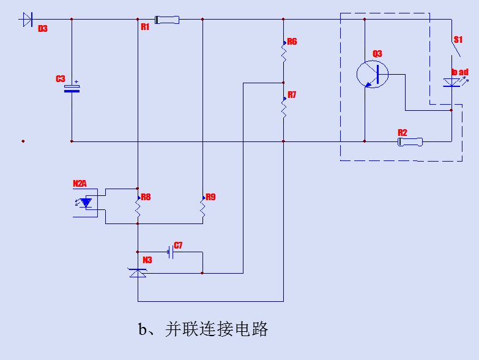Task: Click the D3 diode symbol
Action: pyautogui.click(x=26, y=20)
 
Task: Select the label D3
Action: pyautogui.click(x=42, y=29)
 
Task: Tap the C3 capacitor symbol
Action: pyautogui.click(x=72, y=88)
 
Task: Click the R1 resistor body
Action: pyautogui.click(x=167, y=20)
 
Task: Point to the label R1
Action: pyautogui.click(x=145, y=27)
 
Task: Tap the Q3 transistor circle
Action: pyautogui.click(x=372, y=74)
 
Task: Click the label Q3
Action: pyautogui.click(x=377, y=54)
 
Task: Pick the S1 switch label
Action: pyautogui.click(x=458, y=40)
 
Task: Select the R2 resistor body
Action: pyautogui.click(x=409, y=142)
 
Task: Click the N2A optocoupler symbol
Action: pyautogui.click(x=86, y=202)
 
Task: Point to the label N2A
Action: pyautogui.click(x=80, y=183)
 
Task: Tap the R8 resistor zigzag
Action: pyautogui.click(x=138, y=209)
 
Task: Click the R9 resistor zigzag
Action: pyautogui.click(x=202, y=208)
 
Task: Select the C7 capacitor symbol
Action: pyautogui.click(x=170, y=252)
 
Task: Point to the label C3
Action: pyautogui.click(x=60, y=79)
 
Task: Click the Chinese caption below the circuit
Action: pyautogui.click(x=203, y=329)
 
